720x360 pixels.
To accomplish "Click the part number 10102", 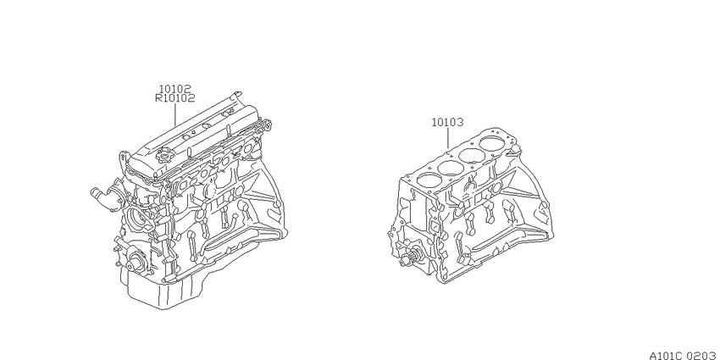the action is pyautogui.click(x=175, y=89).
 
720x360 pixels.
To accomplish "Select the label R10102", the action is pyautogui.click(x=175, y=97).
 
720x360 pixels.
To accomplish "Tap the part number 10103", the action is pyautogui.click(x=447, y=123).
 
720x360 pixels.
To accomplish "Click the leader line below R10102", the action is pyautogui.click(x=175, y=114).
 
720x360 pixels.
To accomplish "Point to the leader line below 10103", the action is pyautogui.click(x=448, y=138).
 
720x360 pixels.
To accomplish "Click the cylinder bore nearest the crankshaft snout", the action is pyautogui.click(x=426, y=180).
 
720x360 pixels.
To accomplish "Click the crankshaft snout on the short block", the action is pyautogui.click(x=408, y=258).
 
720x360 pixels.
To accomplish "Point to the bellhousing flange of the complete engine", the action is pyautogui.click(x=271, y=193).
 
